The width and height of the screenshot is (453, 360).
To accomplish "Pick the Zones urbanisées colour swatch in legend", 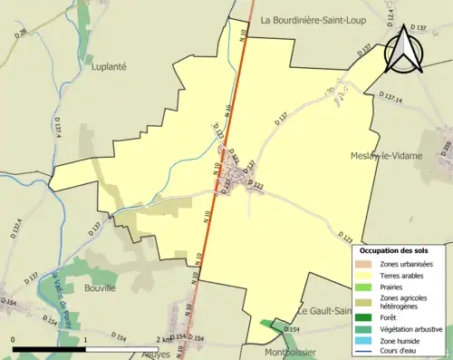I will [x=367, y=264].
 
